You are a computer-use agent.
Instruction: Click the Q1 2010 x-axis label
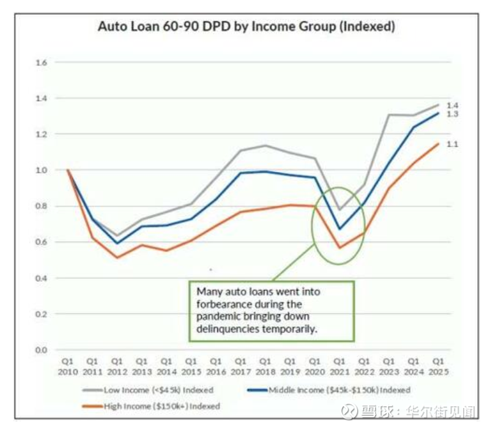[x=67, y=365]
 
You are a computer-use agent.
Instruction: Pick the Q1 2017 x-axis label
[x=240, y=365]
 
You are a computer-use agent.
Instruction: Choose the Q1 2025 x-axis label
[x=438, y=365]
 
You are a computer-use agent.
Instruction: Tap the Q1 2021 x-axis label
[x=340, y=365]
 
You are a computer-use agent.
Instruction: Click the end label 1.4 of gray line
[x=453, y=106]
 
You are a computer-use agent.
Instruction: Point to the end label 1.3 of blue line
[x=453, y=114]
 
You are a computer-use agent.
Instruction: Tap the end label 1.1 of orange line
[x=453, y=144]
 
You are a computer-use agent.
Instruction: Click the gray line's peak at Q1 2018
[x=265, y=146]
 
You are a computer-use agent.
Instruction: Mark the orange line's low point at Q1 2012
[x=117, y=258]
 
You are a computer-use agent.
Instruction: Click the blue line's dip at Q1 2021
[x=340, y=229]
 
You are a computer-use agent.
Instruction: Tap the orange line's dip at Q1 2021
[x=340, y=248]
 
